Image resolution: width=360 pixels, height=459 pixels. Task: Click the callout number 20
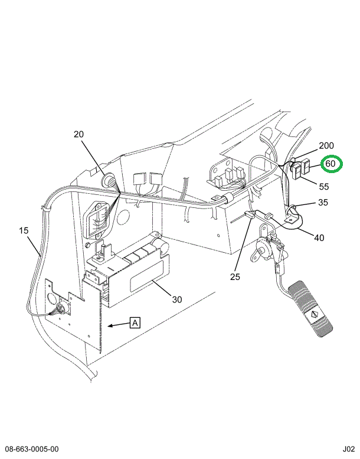(79, 134)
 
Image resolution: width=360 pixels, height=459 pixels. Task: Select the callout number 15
(24, 230)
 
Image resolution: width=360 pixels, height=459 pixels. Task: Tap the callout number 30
(177, 299)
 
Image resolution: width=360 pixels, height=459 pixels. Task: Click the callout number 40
(319, 238)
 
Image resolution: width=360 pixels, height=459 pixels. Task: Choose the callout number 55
(323, 187)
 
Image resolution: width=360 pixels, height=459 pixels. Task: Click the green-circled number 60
(330, 164)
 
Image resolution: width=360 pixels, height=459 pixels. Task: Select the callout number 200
(326, 146)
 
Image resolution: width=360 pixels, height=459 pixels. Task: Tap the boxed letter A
(135, 323)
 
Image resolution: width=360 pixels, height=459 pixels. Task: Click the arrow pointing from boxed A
(117, 324)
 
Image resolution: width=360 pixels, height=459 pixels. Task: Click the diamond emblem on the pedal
(315, 315)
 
